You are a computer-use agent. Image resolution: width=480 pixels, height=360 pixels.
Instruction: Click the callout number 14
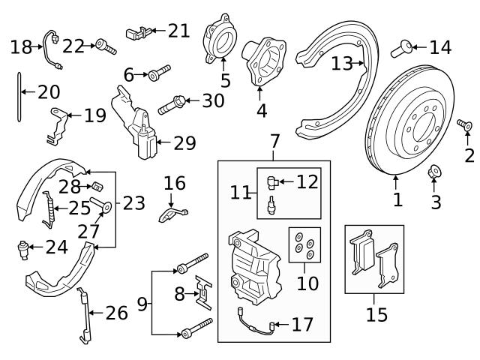[x=440, y=48]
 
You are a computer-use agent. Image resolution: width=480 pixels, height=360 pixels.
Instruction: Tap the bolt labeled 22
[x=105, y=47]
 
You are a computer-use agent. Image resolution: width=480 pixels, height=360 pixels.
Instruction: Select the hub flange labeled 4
[x=262, y=61]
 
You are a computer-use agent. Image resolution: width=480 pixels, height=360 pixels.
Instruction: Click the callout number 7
[x=274, y=141]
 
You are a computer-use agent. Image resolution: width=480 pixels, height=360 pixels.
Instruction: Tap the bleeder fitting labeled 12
[x=273, y=179]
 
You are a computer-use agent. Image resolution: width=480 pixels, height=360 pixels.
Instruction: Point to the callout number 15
[x=376, y=313]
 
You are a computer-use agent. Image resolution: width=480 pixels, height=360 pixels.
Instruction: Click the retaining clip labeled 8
[x=203, y=293]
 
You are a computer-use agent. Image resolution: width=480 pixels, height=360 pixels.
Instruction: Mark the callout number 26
[x=116, y=313]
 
